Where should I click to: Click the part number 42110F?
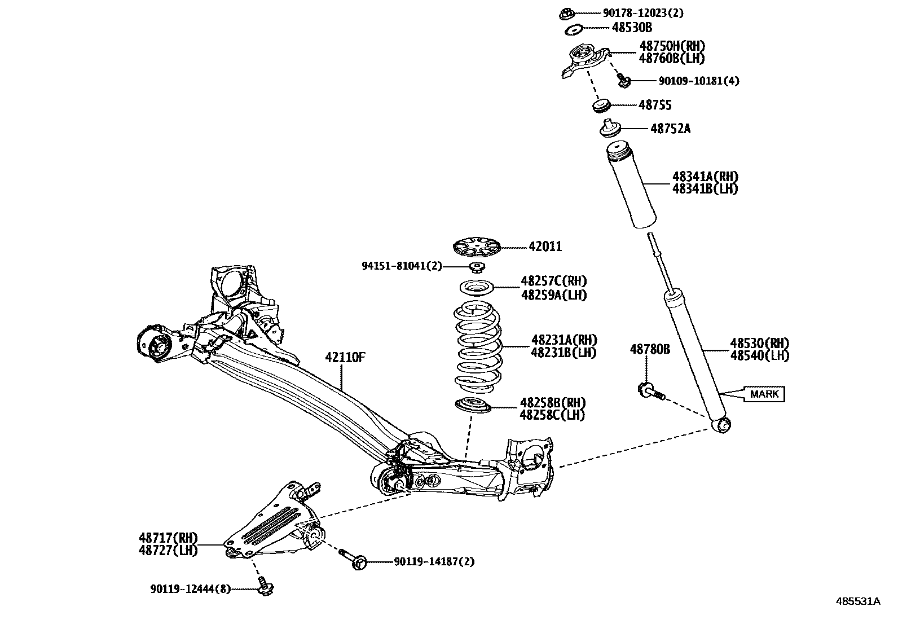tap(345, 357)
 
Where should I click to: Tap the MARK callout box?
tap(764, 394)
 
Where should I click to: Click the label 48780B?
tap(650, 350)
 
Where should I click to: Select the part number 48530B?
tap(632, 27)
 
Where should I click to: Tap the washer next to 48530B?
tap(574, 29)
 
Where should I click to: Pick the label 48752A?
tap(670, 129)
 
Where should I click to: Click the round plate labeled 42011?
tap(477, 247)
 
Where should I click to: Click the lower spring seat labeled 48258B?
tap(472, 405)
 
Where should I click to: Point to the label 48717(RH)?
tap(168, 538)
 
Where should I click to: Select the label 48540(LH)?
tap(759, 355)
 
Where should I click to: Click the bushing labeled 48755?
tap(602, 105)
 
